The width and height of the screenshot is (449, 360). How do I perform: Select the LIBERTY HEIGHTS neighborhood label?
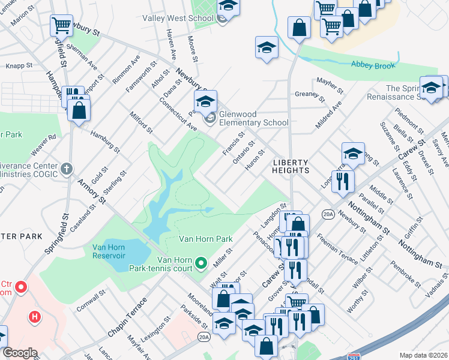point(291,166)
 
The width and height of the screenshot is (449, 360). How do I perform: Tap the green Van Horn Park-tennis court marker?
point(202,263)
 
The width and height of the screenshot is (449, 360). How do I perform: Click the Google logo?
point(20,353)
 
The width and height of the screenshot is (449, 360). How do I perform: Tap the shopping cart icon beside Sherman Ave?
point(61,25)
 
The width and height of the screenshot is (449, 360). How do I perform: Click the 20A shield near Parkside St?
point(204,337)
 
